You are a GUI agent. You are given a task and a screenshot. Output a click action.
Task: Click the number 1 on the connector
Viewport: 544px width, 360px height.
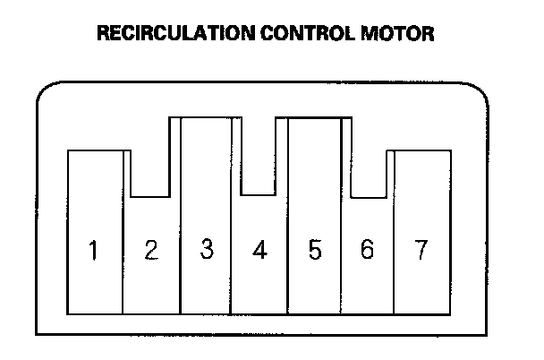[93, 250]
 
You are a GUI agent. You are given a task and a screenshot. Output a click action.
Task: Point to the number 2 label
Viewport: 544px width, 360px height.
[150, 250]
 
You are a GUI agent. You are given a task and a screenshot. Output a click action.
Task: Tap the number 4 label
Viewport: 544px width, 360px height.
[259, 250]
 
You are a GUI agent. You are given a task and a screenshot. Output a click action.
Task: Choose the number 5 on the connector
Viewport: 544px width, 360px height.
[314, 250]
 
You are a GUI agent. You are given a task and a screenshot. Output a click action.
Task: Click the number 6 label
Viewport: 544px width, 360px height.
[367, 250]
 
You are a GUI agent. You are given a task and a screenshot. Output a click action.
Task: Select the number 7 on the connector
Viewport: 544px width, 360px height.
[421, 250]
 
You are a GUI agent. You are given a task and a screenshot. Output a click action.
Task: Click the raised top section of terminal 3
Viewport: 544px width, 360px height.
[206, 134]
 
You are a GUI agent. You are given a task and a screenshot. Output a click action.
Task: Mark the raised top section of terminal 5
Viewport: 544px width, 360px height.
[314, 134]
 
